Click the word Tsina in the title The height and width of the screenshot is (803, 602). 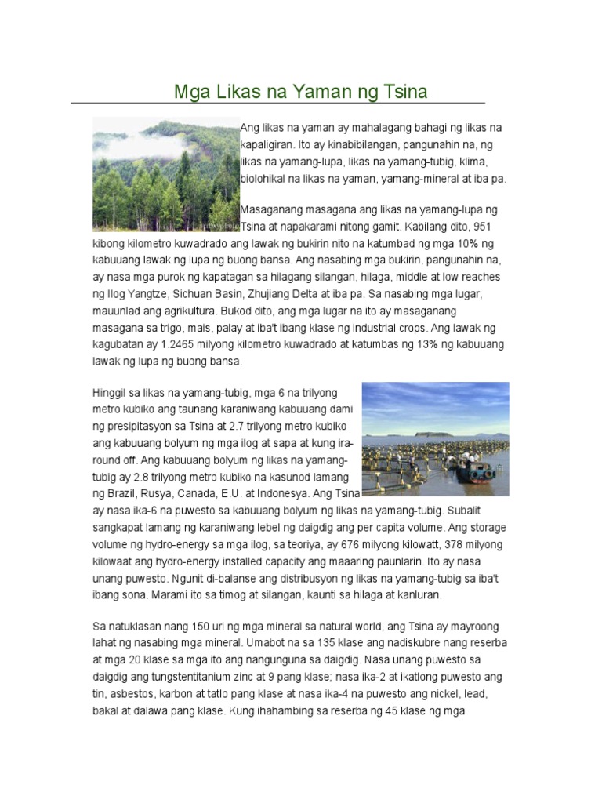coord(404,92)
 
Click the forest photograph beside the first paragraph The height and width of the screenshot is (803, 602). coord(165,173)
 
